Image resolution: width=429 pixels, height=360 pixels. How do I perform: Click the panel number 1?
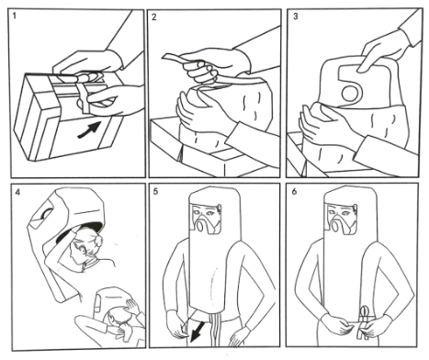coord(15,16)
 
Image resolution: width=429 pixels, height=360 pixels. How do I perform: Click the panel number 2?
coord(154,17)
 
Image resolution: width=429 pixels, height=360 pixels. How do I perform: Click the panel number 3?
coord(295,17)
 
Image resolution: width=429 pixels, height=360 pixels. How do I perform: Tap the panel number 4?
coord(17,192)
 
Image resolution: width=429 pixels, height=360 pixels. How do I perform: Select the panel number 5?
coord(155,192)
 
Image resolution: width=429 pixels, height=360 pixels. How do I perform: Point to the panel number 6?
coord(294,192)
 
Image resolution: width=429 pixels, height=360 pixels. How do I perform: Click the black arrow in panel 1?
coord(90,129)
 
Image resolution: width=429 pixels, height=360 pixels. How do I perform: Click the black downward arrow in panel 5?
coord(196,332)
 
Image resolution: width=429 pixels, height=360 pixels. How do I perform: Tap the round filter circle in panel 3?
coord(351,94)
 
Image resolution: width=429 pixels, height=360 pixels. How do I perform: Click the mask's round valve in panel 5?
coord(200,227)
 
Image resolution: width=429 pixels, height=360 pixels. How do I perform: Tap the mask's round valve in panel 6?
coord(335,228)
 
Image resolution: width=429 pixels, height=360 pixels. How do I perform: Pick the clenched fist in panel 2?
coord(202,71)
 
